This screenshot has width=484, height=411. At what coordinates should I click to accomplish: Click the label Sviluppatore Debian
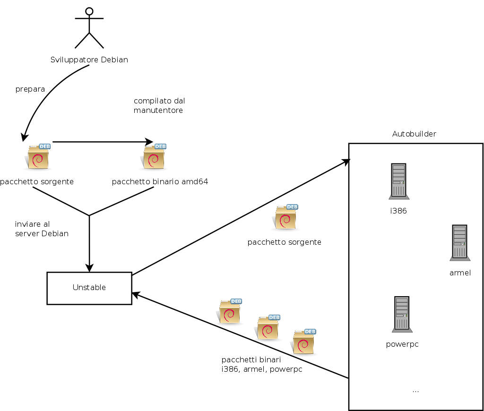click(89, 60)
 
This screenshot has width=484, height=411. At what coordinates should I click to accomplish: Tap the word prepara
click(30, 89)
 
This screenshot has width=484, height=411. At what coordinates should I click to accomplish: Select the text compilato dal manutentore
click(159, 105)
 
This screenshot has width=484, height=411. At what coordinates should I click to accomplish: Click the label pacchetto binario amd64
click(160, 182)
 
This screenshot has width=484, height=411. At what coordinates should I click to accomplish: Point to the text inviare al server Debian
click(42, 229)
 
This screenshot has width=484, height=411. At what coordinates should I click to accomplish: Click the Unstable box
click(89, 288)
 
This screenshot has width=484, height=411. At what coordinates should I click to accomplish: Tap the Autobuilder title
click(414, 134)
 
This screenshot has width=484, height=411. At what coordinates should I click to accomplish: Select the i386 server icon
click(398, 181)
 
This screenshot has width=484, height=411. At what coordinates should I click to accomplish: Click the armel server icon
click(459, 243)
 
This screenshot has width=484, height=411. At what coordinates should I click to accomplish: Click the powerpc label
click(402, 344)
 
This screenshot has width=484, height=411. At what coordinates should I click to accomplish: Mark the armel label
click(460, 273)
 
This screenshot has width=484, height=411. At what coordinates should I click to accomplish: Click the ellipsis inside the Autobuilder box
click(415, 391)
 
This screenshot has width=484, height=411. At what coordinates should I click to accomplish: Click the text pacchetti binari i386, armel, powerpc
click(261, 365)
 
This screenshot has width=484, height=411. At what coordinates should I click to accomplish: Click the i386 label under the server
click(398, 211)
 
